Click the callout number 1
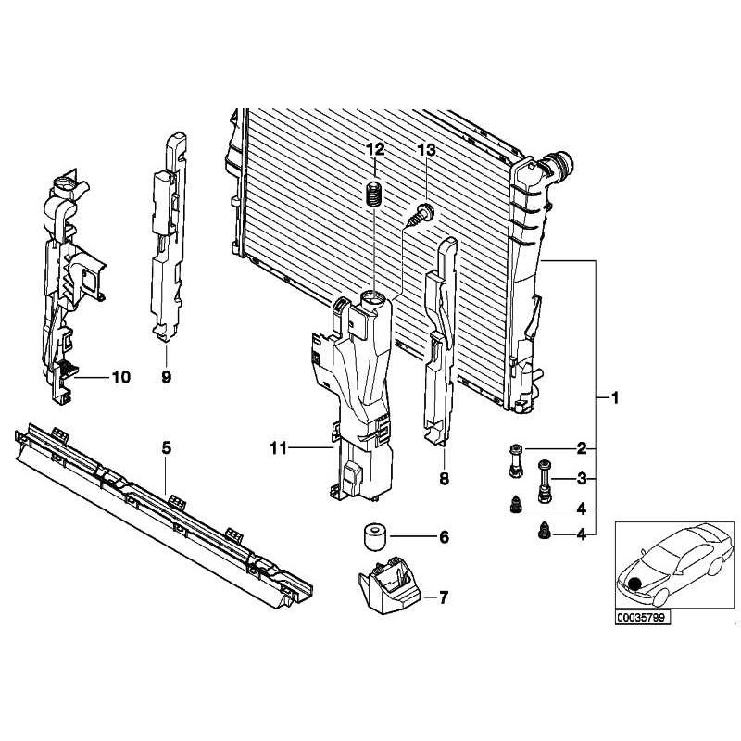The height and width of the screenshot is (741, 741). click(x=613, y=398)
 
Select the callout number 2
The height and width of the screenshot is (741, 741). click(x=583, y=449)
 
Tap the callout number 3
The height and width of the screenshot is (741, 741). click(x=583, y=479)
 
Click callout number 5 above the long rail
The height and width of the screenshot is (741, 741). click(x=167, y=448)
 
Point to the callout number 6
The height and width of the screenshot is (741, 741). click(x=444, y=537)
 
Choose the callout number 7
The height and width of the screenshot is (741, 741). click(x=444, y=597)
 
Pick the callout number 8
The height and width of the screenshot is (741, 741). click(x=444, y=479)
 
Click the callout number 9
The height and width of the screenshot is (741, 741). click(x=166, y=377)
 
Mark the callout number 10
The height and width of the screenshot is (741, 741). click(x=121, y=377)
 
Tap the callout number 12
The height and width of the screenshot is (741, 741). click(x=374, y=150)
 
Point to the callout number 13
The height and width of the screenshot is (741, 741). click(x=425, y=150)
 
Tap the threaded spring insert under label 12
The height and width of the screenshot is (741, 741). click(x=375, y=196)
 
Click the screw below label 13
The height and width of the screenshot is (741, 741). click(x=420, y=216)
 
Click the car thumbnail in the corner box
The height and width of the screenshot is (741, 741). click(x=674, y=563)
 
